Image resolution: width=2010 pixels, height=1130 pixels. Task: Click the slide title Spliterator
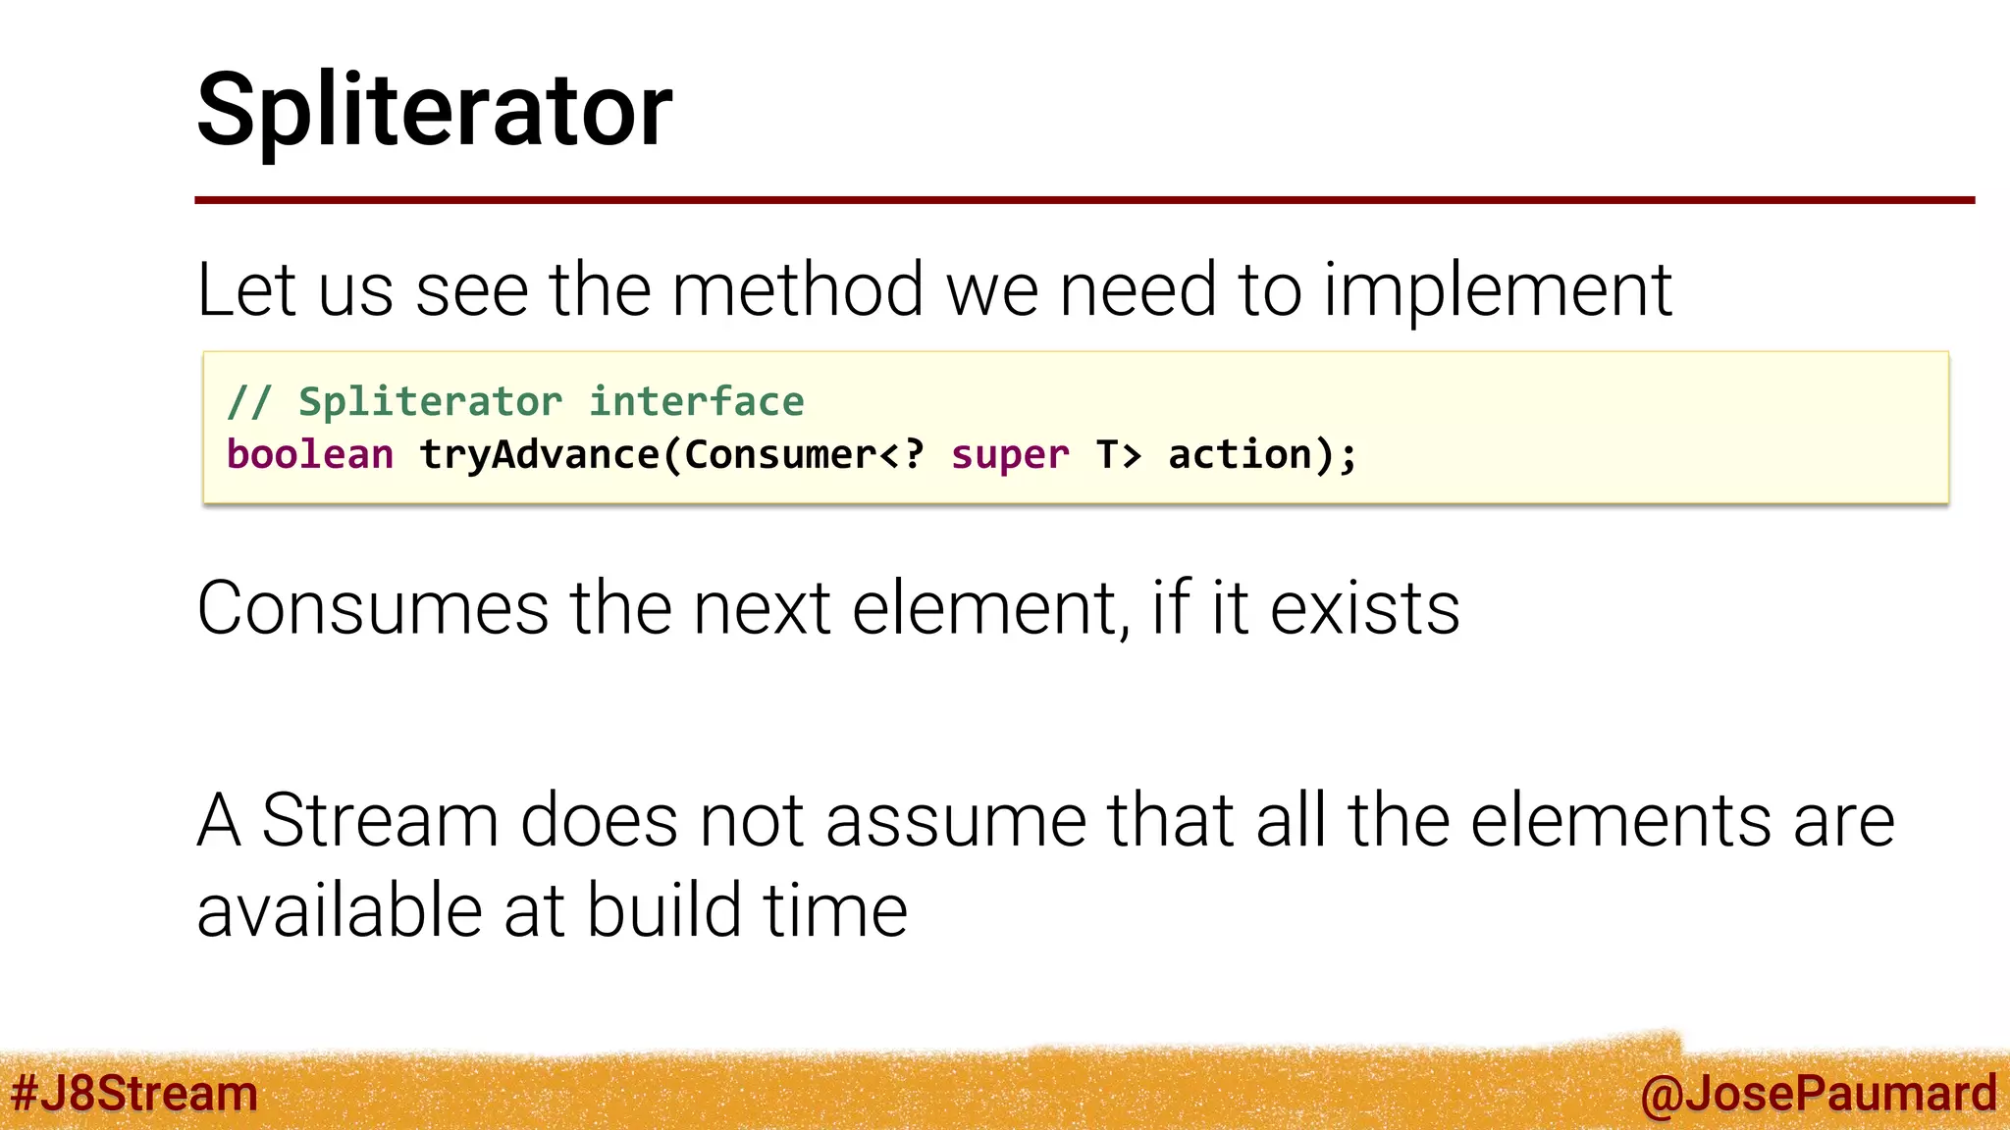point(434,110)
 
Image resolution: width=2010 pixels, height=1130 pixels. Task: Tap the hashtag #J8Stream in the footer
point(133,1094)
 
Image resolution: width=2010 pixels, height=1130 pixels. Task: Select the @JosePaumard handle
point(1818,1094)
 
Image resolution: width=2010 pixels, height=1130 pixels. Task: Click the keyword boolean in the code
point(310,455)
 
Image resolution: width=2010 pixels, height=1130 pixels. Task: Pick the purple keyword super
point(1010,455)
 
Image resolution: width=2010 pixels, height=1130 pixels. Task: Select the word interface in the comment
point(696,402)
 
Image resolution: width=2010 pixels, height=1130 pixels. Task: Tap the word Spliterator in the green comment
point(430,402)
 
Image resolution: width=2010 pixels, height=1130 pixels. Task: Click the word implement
point(1498,290)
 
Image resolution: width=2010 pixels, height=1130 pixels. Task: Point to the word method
point(797,290)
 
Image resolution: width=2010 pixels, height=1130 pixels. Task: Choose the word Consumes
point(373,608)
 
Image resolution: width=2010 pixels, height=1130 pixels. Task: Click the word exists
point(1364,608)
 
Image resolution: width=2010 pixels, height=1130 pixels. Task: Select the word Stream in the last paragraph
point(380,820)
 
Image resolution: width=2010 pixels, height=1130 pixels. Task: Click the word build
point(662,910)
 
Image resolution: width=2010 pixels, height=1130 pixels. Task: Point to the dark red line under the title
point(1084,200)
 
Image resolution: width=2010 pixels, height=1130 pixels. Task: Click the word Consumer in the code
point(780,455)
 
